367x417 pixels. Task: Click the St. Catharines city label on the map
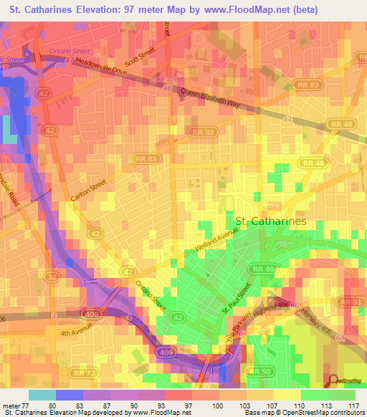point(270,221)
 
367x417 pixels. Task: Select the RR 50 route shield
point(262,371)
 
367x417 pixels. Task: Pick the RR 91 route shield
point(351,302)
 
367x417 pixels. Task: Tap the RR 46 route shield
point(261,268)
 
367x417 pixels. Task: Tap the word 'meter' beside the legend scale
point(12,404)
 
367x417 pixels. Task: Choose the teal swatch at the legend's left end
point(42,394)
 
